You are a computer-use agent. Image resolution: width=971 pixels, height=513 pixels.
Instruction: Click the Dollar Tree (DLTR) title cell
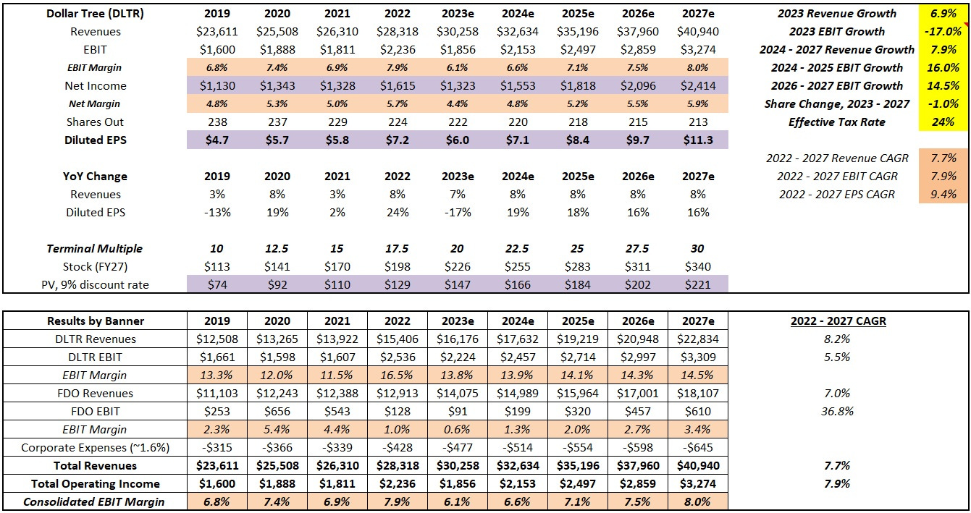coord(95,14)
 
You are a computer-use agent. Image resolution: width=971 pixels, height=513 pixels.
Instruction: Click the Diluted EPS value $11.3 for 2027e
coord(698,140)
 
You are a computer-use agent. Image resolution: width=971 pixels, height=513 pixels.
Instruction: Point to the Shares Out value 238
coord(217,122)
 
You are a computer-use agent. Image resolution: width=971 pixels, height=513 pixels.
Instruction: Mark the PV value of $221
coord(698,285)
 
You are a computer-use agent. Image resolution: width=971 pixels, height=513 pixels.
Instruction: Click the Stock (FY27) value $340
coord(698,267)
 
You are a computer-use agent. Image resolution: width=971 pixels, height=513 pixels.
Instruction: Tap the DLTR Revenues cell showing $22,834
coord(698,339)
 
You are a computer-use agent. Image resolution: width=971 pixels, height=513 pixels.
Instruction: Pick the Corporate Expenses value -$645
coord(698,448)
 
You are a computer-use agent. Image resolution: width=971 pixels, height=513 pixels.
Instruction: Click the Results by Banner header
coord(95,321)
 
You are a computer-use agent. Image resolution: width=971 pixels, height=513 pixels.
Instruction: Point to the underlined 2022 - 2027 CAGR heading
coord(840,321)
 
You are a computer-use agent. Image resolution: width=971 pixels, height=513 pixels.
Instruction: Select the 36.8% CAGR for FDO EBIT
coord(840,412)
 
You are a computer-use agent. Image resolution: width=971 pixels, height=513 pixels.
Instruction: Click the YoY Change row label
coord(95,177)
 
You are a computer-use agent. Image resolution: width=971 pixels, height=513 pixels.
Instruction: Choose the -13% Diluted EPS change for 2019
coord(217,213)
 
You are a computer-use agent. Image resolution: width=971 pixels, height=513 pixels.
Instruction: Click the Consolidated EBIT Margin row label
coord(95,502)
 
